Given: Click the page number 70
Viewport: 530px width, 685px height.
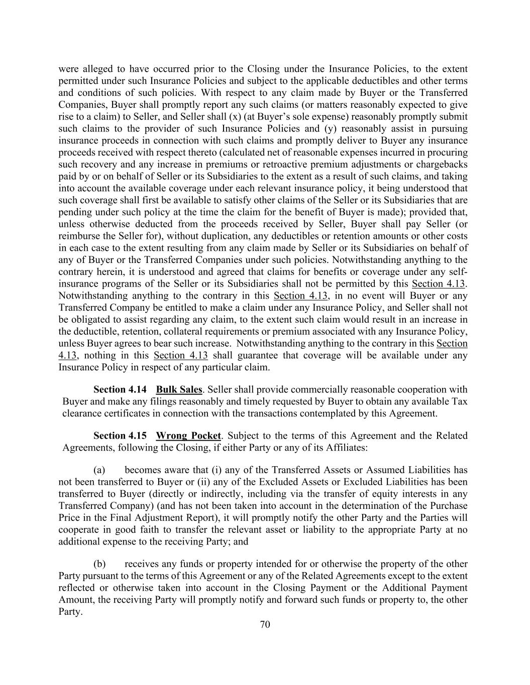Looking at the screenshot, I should coord(265,624).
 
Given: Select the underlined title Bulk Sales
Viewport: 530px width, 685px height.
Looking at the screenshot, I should coord(179,389).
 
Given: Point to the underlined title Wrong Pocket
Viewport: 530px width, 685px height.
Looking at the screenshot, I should coord(188,436).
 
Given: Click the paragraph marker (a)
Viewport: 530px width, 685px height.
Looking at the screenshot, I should coord(99,470).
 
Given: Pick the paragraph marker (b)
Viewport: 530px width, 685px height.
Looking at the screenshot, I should coord(99,564).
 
